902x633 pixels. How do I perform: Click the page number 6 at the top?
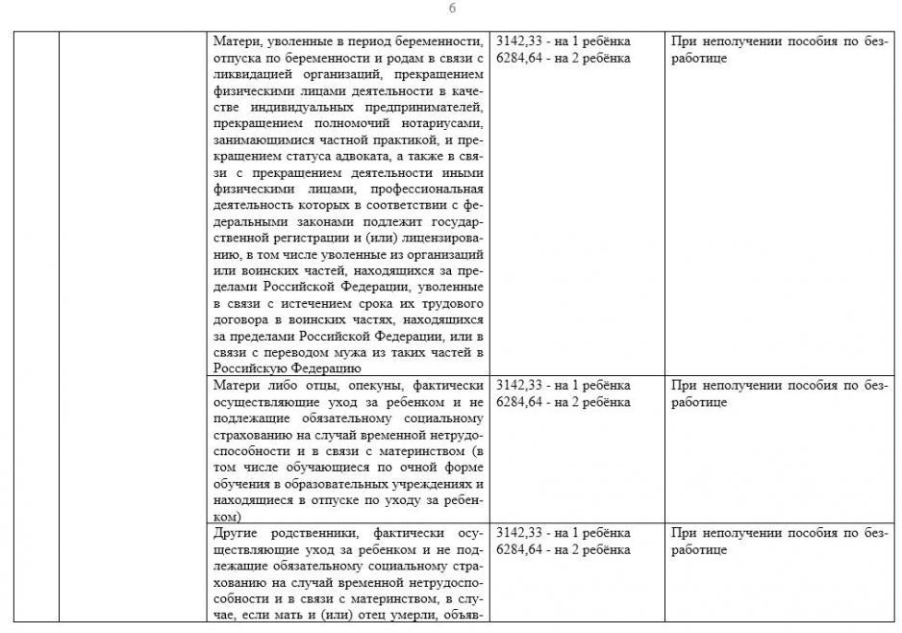[x=452, y=9]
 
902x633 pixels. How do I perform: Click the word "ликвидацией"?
[x=253, y=74]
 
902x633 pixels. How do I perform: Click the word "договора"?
[x=240, y=319]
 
